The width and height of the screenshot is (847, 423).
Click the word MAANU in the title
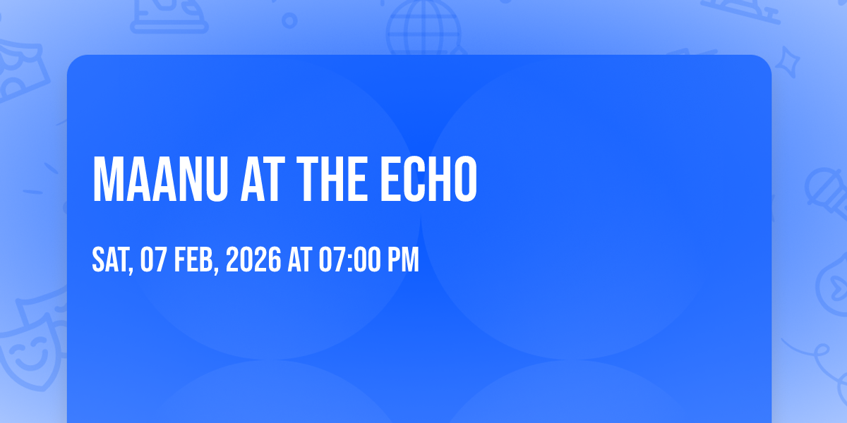click(x=160, y=179)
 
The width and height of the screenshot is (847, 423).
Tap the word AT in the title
click(x=263, y=179)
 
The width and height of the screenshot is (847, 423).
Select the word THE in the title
click(x=332, y=179)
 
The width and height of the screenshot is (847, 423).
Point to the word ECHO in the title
click(x=428, y=179)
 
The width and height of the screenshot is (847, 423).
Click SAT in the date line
click(x=110, y=259)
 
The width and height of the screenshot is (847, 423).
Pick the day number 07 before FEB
click(x=153, y=259)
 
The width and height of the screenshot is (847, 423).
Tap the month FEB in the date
click(x=193, y=259)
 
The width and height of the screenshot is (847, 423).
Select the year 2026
click(x=253, y=259)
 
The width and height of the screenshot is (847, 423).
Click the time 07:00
click(x=349, y=259)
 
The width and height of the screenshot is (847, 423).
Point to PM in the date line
click(x=404, y=259)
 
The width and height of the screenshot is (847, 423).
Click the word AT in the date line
click(x=300, y=259)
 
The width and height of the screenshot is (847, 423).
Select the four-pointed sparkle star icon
click(x=787, y=62)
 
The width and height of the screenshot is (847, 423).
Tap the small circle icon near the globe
click(x=289, y=20)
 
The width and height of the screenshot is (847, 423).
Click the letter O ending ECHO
click(x=465, y=179)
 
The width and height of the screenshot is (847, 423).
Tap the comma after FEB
click(x=216, y=269)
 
